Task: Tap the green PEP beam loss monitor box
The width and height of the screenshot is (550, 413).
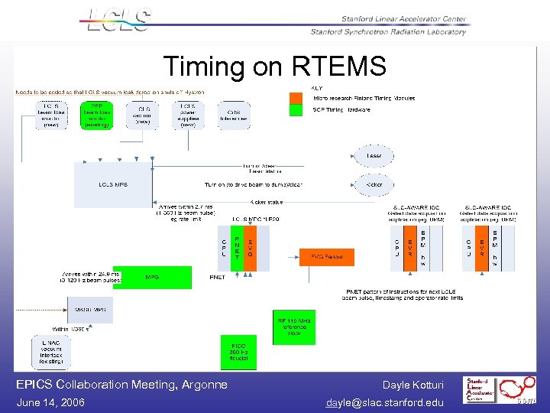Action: tap(97, 115)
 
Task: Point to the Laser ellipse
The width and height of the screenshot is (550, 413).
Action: tap(374, 156)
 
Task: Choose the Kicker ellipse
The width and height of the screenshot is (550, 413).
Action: tap(374, 185)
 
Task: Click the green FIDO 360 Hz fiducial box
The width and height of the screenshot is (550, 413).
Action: tap(239, 352)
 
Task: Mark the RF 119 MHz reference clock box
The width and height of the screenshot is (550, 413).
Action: tap(294, 327)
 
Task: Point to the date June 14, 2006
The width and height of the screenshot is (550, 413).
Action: tap(50, 402)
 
